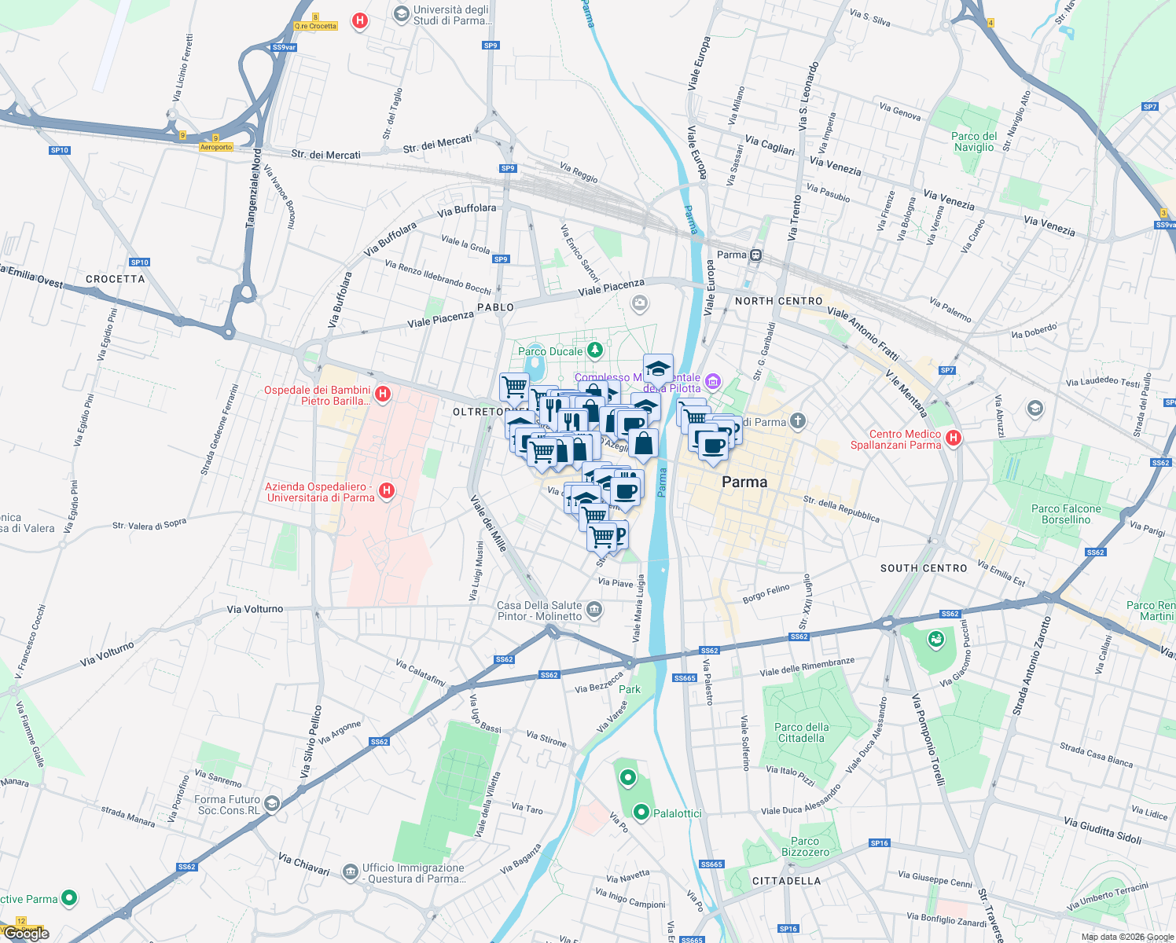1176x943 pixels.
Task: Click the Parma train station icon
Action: [755, 255]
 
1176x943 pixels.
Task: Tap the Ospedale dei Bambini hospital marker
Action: [383, 394]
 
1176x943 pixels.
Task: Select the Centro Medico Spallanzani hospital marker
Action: [954, 438]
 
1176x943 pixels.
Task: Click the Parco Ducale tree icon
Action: [595, 349]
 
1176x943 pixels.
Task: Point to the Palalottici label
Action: [677, 813]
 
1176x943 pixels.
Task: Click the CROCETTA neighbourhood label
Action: [115, 279]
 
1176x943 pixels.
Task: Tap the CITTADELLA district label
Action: [786, 881]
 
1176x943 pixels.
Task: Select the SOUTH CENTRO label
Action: [923, 568]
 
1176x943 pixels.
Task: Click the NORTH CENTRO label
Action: [778, 301]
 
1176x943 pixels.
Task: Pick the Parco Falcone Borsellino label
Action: [1066, 514]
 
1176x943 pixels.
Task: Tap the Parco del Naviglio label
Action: [974, 141]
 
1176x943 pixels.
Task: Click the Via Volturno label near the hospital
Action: [255, 609]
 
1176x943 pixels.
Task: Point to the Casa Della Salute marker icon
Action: [595, 610]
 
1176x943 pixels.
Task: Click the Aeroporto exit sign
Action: [216, 147]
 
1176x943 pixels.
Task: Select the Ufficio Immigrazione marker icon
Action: [350, 871]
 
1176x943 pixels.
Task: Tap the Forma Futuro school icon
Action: [272, 803]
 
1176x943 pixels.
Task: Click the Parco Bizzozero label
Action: [805, 846]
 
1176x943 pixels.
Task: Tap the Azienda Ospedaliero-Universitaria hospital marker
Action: [386, 491]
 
